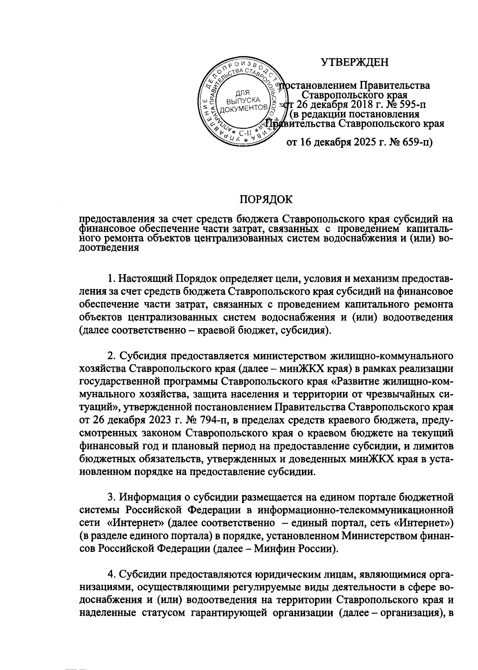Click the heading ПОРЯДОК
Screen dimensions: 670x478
pyautogui.click(x=265, y=199)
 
